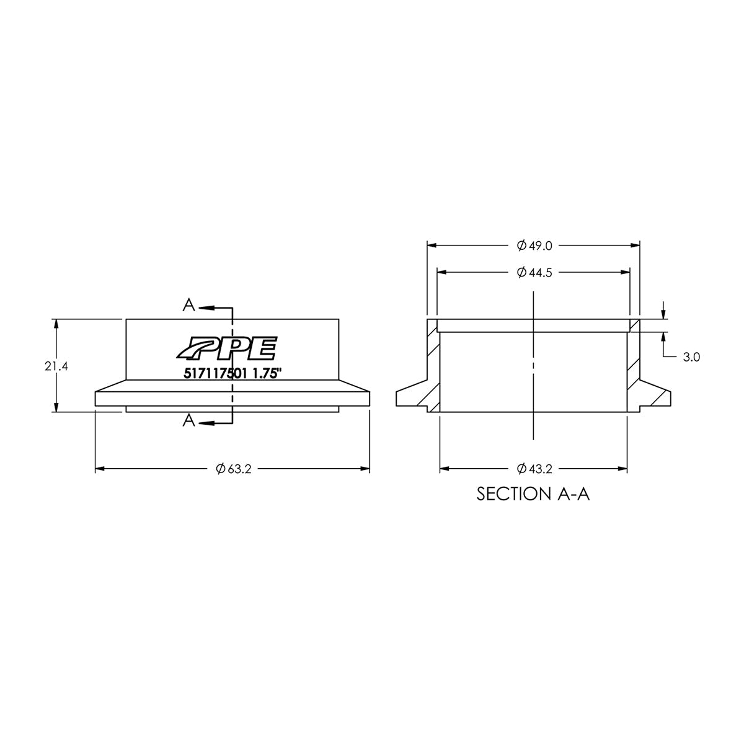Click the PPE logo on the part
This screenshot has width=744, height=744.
(227, 348)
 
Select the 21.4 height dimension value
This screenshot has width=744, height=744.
(56, 366)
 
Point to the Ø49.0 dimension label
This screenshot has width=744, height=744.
(534, 246)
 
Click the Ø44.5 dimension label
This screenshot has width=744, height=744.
(534, 272)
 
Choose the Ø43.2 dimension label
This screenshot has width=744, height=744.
(534, 469)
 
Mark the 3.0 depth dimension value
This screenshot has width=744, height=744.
(692, 357)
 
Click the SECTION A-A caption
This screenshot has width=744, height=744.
(533, 494)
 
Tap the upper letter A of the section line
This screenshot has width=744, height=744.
(189, 305)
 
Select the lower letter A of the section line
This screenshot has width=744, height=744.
(189, 422)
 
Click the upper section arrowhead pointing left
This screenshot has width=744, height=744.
(205, 306)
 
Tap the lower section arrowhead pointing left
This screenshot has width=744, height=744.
(205, 423)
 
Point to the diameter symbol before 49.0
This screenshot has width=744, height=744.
(521, 246)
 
